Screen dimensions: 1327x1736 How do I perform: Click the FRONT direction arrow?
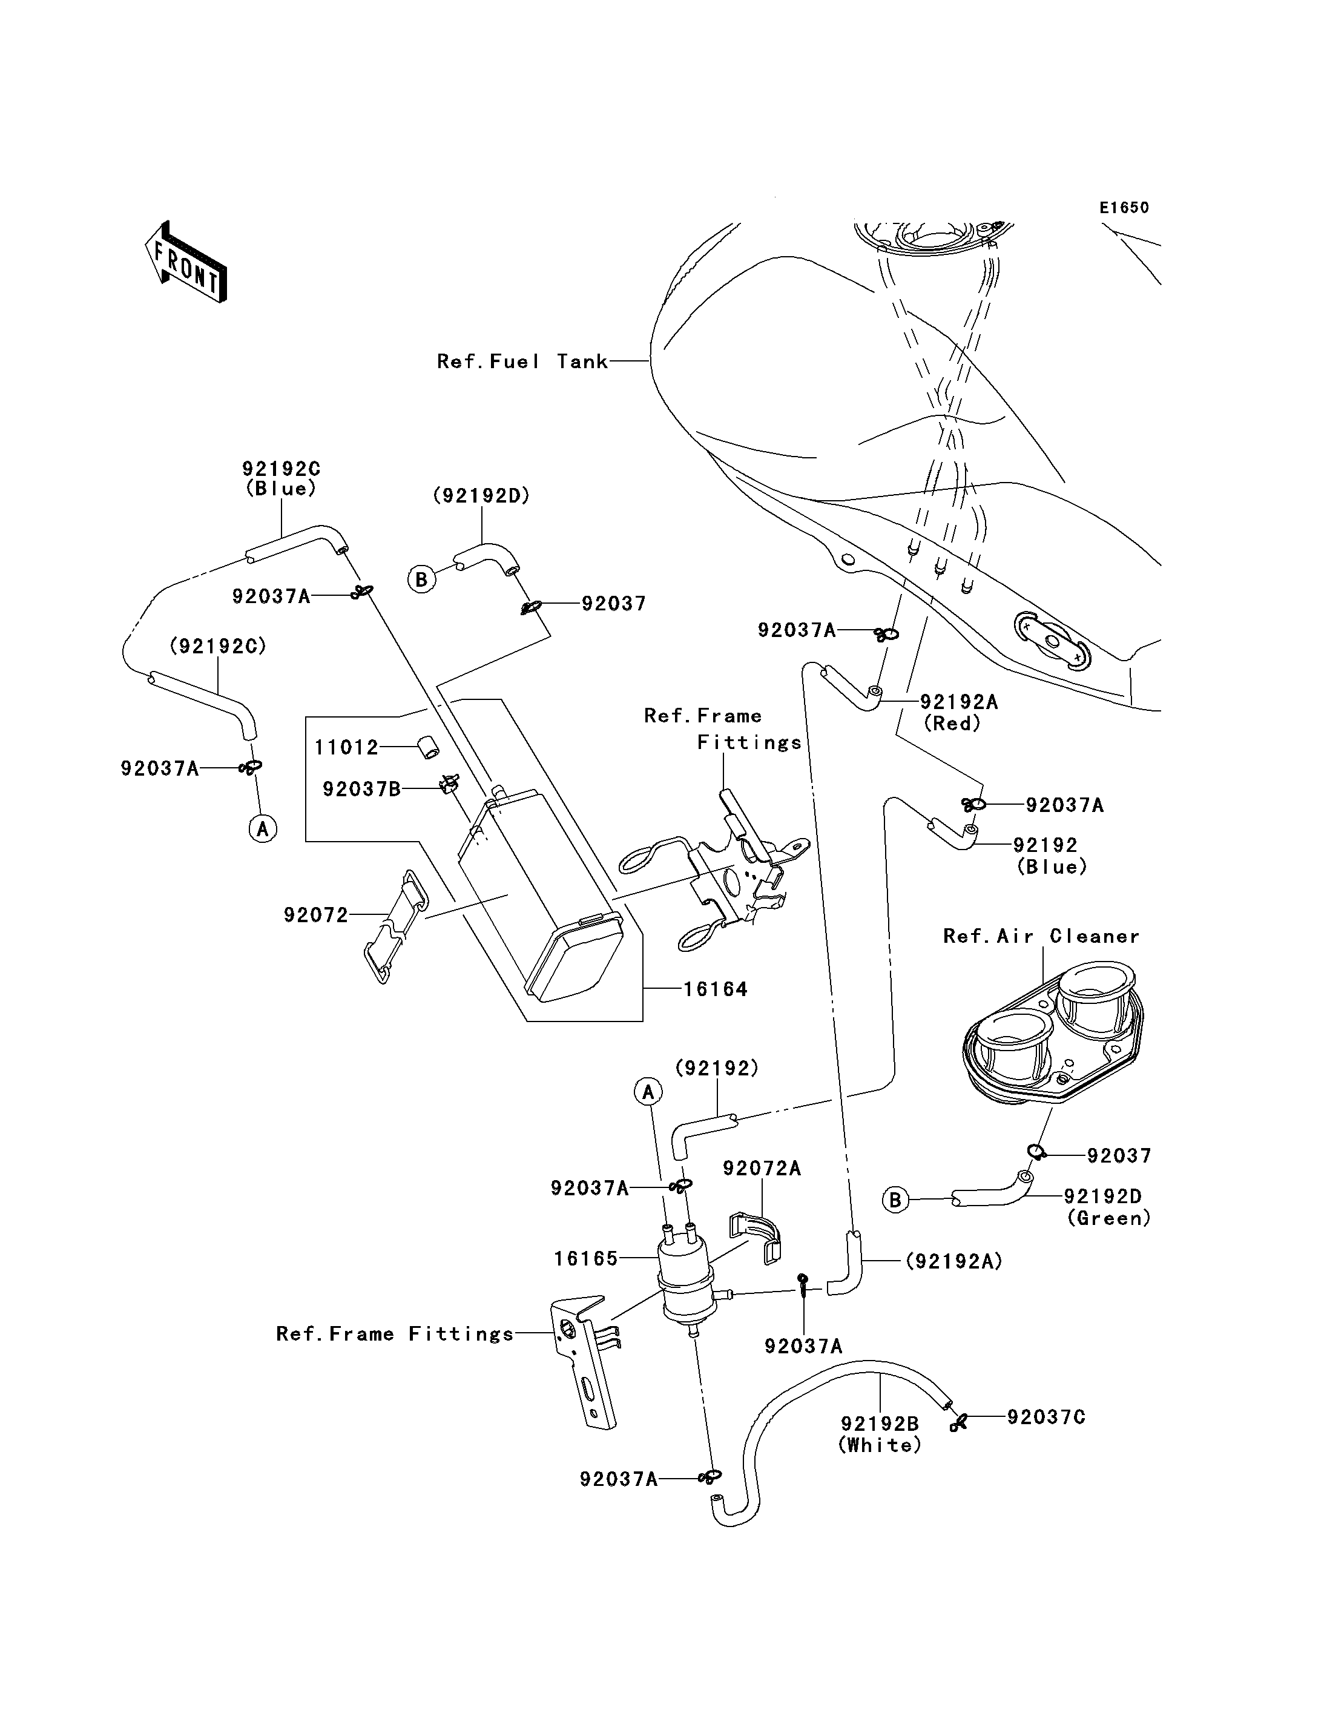point(186,262)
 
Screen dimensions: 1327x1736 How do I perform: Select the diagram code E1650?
point(1124,208)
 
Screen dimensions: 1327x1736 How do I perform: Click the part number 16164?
point(716,989)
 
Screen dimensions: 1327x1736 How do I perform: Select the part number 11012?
point(347,747)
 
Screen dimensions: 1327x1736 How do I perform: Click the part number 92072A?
point(762,1168)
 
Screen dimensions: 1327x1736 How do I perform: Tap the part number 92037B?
point(362,788)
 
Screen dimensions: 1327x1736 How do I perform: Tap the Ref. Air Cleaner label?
point(1042,936)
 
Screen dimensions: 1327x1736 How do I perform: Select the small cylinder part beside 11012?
point(428,747)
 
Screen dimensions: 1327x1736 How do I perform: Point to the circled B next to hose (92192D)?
point(422,580)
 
